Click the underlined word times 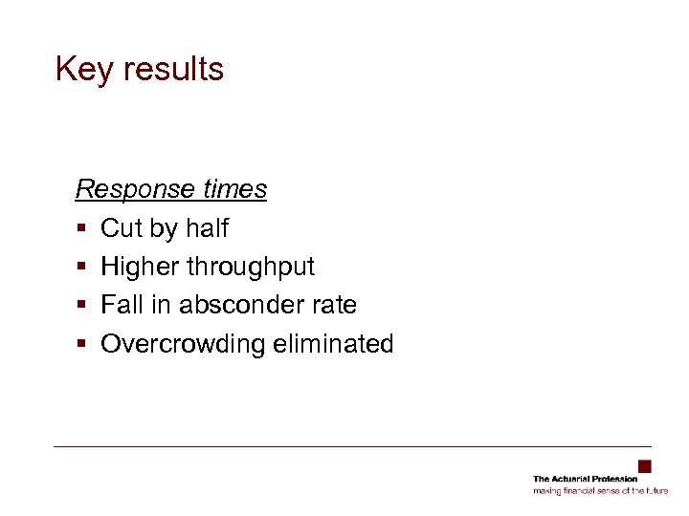click(x=234, y=189)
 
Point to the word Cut click(x=121, y=228)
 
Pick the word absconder click(x=235, y=305)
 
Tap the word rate click(x=336, y=305)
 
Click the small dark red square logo click(x=645, y=466)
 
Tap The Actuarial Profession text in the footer click(x=585, y=479)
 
